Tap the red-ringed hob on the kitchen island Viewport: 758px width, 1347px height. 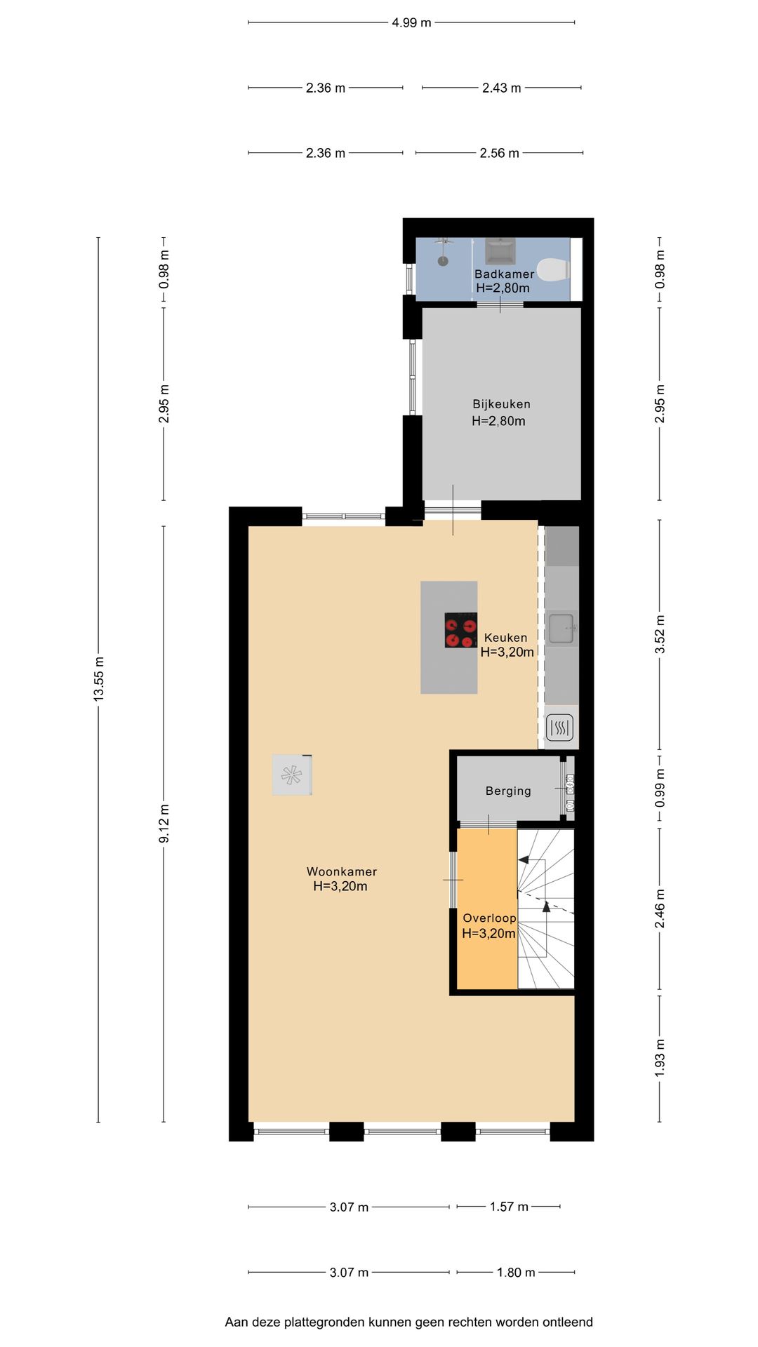[460, 630]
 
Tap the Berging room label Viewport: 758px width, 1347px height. [508, 791]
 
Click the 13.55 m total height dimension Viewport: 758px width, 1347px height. [99, 678]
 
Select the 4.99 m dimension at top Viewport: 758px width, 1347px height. [411, 22]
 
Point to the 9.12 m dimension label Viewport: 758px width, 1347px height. [164, 824]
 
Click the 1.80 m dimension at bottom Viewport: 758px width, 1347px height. [516, 1272]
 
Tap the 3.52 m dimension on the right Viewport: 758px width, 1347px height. [660, 634]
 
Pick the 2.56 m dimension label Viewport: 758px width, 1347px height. [499, 153]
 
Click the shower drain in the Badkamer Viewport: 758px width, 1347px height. [443, 261]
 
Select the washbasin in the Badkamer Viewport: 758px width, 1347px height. [500, 251]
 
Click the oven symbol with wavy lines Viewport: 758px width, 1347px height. [559, 728]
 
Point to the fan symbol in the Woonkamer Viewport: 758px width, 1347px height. [292, 775]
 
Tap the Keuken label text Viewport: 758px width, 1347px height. [505, 638]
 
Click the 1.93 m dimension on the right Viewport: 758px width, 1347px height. [660, 1058]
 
